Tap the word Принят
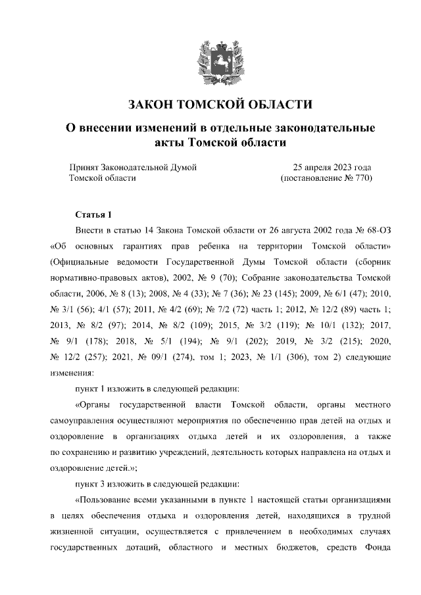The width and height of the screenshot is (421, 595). pyautogui.click(x=85, y=168)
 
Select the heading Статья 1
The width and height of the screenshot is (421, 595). pyautogui.click(x=95, y=215)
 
